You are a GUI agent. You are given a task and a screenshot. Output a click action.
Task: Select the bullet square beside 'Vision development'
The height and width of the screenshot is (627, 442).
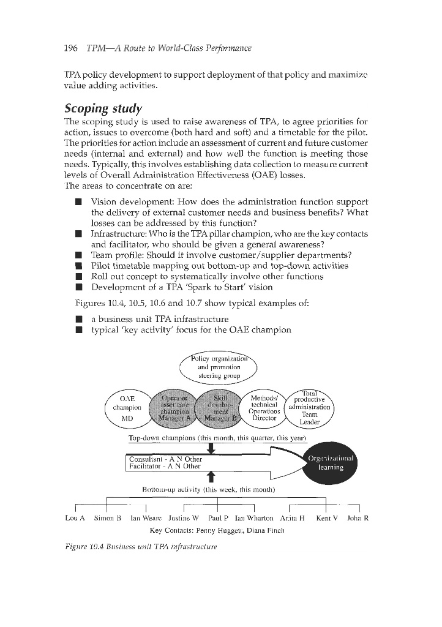tap(79, 202)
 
